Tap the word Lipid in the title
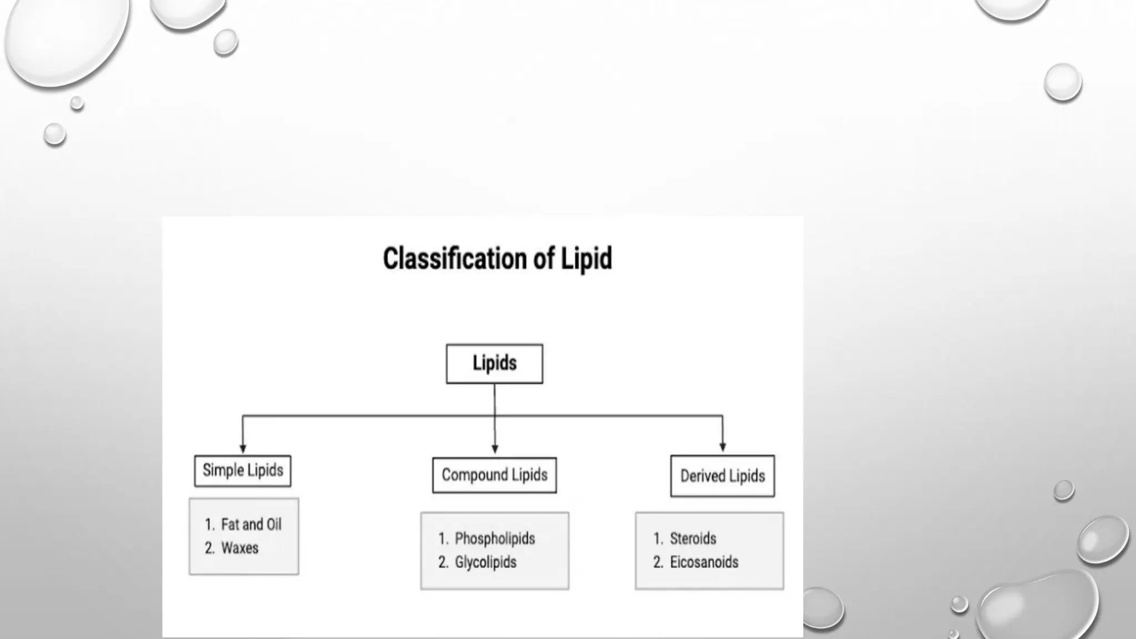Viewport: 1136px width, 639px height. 586,259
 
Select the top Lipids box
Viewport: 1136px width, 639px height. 494,364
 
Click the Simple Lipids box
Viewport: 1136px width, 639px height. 242,471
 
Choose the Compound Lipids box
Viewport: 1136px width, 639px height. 494,475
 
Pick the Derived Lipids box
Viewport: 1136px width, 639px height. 722,476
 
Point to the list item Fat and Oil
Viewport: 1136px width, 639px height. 251,524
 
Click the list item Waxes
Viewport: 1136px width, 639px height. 240,548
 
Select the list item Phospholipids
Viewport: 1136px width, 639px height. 495,539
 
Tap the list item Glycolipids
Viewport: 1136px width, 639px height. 485,562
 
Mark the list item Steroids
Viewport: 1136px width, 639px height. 693,539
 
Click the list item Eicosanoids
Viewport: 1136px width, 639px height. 704,562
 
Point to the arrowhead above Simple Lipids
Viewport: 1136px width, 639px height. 242,448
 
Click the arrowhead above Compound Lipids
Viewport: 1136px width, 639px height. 495,449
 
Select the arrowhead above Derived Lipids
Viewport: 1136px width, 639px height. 722,447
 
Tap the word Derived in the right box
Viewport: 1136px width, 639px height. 702,476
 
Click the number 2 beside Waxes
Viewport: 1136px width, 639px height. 209,548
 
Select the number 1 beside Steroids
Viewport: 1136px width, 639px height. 658,539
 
